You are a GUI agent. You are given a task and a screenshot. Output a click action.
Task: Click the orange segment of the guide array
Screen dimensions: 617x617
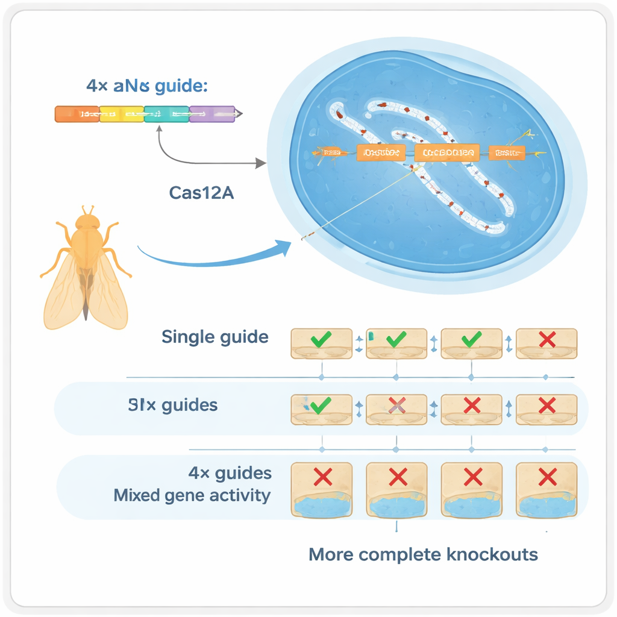coord(77,114)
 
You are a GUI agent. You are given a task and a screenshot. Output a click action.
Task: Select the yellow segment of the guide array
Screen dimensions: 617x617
coord(122,114)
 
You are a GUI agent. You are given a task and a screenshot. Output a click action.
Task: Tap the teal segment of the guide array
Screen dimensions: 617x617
coord(167,114)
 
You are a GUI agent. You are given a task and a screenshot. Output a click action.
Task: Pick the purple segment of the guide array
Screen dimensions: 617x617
coord(211,114)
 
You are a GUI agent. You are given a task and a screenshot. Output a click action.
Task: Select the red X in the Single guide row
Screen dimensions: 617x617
coord(547,339)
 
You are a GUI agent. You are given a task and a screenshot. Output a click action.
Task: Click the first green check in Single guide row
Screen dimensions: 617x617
coord(321,339)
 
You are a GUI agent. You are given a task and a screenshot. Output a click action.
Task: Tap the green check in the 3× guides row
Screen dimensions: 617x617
coord(321,405)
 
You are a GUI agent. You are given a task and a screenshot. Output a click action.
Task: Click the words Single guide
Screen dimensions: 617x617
coord(215,337)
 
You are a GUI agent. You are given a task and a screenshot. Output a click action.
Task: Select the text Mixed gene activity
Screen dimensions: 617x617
coord(192,496)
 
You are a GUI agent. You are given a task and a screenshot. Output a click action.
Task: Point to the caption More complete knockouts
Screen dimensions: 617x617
coord(423,554)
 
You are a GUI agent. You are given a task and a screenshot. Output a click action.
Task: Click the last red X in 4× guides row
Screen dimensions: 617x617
coord(547,478)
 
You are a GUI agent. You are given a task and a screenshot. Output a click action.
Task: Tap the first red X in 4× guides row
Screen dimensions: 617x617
coord(322,478)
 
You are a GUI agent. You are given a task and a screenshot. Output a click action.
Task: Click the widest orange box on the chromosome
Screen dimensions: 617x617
coord(446,153)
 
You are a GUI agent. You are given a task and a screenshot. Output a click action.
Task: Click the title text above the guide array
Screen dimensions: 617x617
coord(146,86)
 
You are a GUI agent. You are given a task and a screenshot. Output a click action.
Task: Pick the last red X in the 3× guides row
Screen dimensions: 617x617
coord(547,405)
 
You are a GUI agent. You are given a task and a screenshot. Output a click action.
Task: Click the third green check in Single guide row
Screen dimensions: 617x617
coord(471,339)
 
